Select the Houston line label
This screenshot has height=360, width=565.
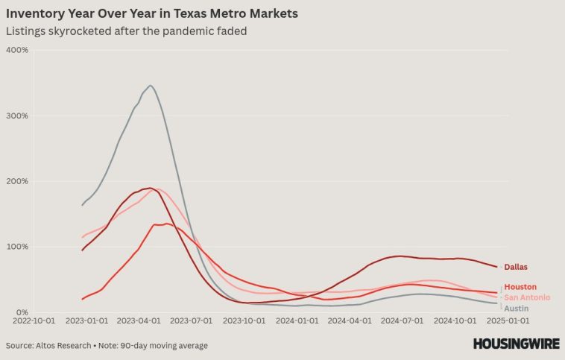pyautogui.click(x=520, y=287)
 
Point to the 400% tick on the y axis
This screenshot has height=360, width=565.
pyautogui.click(x=17, y=50)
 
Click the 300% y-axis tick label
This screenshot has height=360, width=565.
pyautogui.click(x=17, y=116)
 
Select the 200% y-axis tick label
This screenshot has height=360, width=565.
pyautogui.click(x=17, y=181)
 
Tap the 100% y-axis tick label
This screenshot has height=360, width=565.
pyautogui.click(x=17, y=247)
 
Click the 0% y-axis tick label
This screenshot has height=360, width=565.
pyautogui.click(x=21, y=312)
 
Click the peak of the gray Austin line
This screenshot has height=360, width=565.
pyautogui.click(x=151, y=86)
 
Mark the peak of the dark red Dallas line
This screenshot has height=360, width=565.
pyautogui.click(x=151, y=188)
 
